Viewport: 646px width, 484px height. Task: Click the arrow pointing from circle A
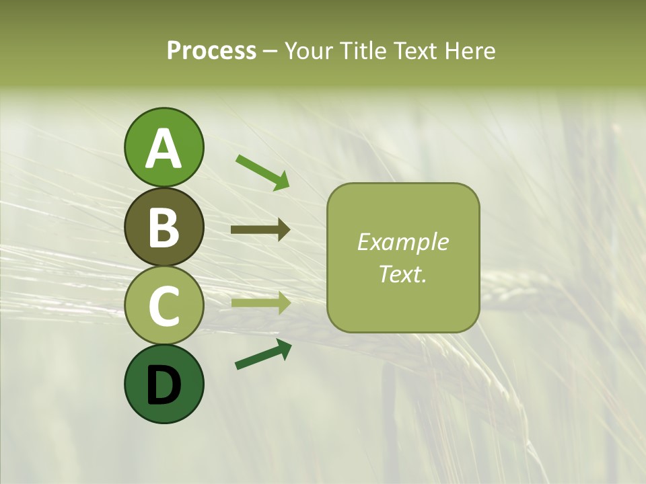[262, 172]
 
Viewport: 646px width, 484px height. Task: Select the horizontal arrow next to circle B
[260, 230]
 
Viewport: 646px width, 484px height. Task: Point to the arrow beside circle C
[260, 303]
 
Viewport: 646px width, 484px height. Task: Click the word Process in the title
[211, 51]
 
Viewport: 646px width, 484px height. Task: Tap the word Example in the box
[402, 242]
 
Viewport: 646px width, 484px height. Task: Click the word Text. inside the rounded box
[402, 274]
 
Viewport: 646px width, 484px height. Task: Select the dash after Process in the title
[271, 51]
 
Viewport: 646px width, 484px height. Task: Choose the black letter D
[164, 385]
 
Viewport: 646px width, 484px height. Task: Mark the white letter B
[164, 227]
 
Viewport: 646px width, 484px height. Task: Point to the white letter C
[164, 306]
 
